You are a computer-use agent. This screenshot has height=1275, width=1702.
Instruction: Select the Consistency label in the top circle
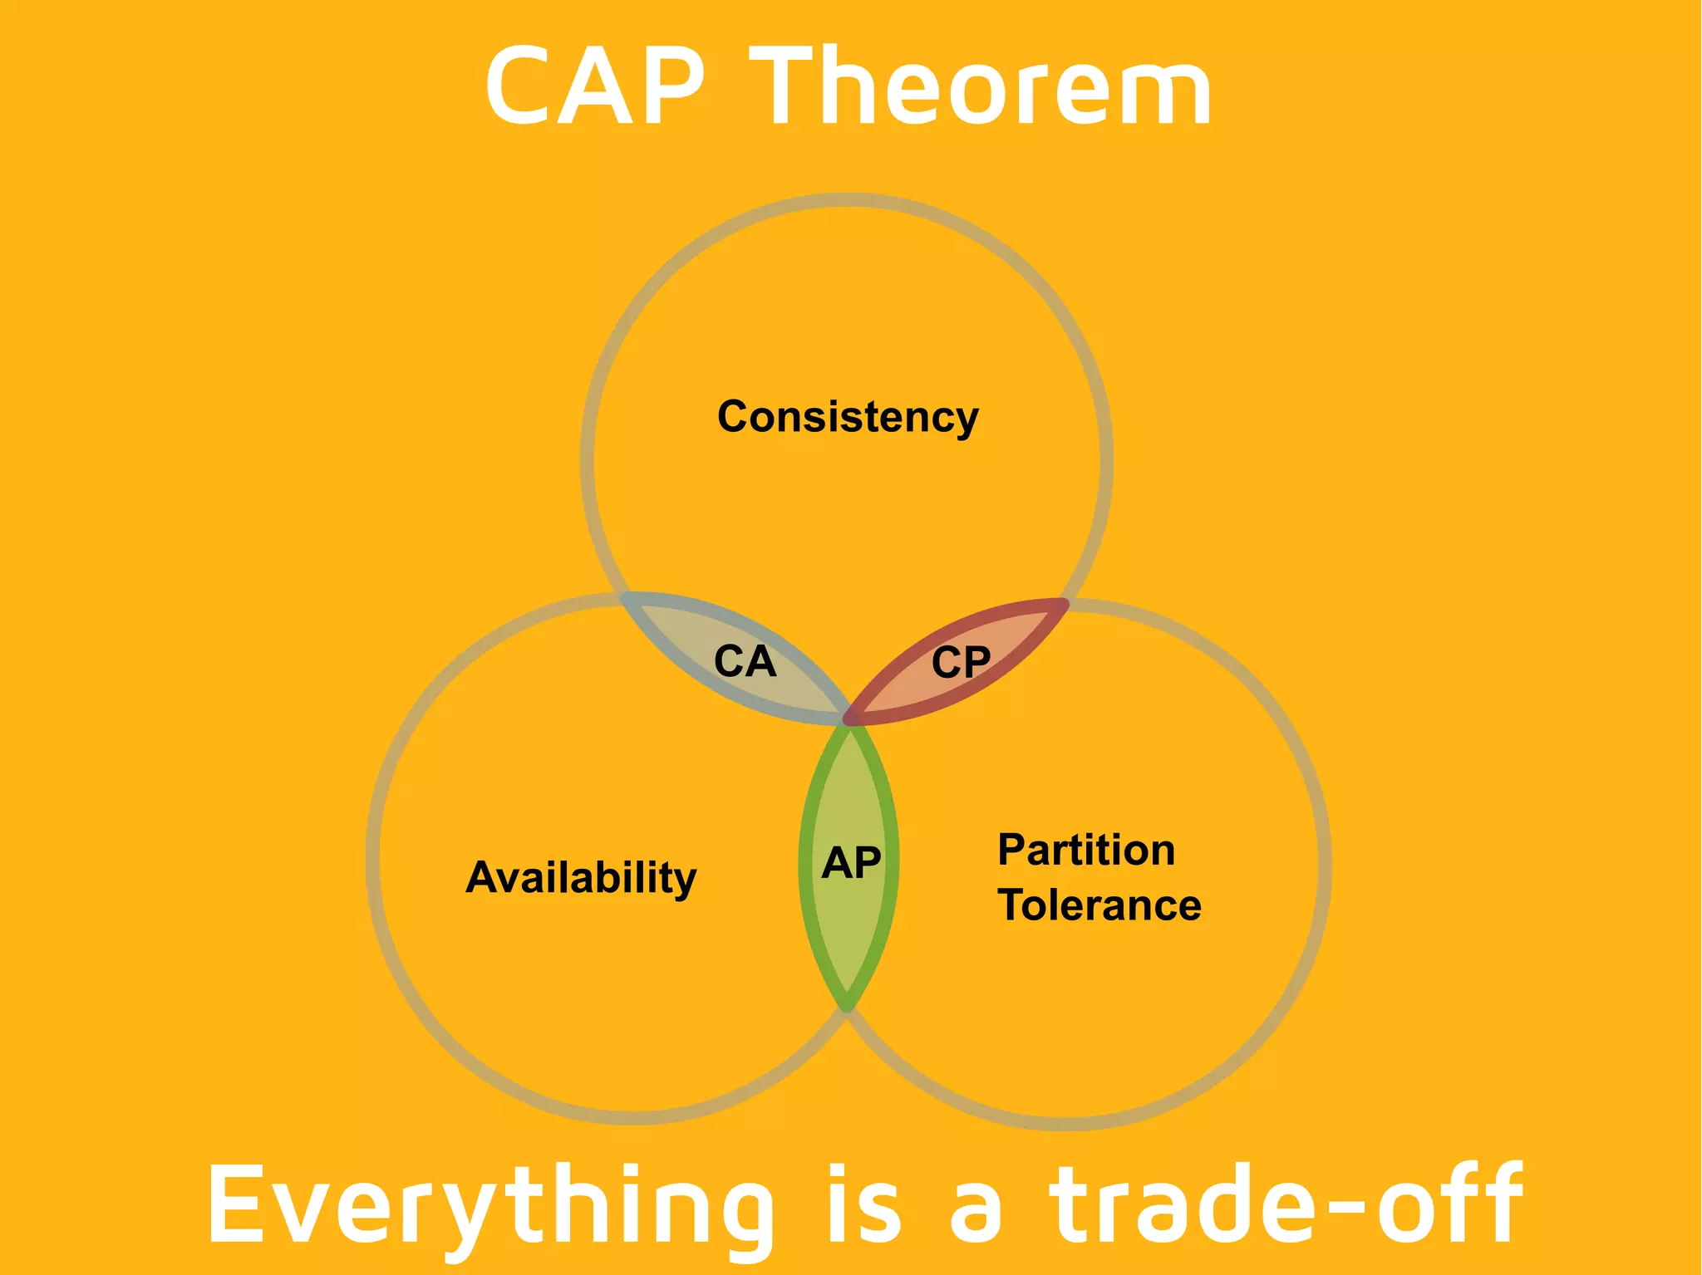pos(848,417)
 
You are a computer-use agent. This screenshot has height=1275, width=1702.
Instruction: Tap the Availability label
pos(581,878)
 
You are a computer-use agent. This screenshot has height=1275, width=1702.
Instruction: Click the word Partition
pos(1086,851)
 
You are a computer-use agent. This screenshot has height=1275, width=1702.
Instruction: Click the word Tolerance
pos(1099,905)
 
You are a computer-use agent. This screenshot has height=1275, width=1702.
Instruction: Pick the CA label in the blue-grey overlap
pos(745,662)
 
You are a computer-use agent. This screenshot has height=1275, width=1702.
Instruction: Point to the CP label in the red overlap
pos(961,663)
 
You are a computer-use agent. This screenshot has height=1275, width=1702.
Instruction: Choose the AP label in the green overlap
pos(850,863)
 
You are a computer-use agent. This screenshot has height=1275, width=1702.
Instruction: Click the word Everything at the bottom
pos(490,1207)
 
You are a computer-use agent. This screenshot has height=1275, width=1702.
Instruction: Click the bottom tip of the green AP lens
pos(847,1007)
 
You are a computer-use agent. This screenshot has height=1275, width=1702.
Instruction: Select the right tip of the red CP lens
pos(1065,602)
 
